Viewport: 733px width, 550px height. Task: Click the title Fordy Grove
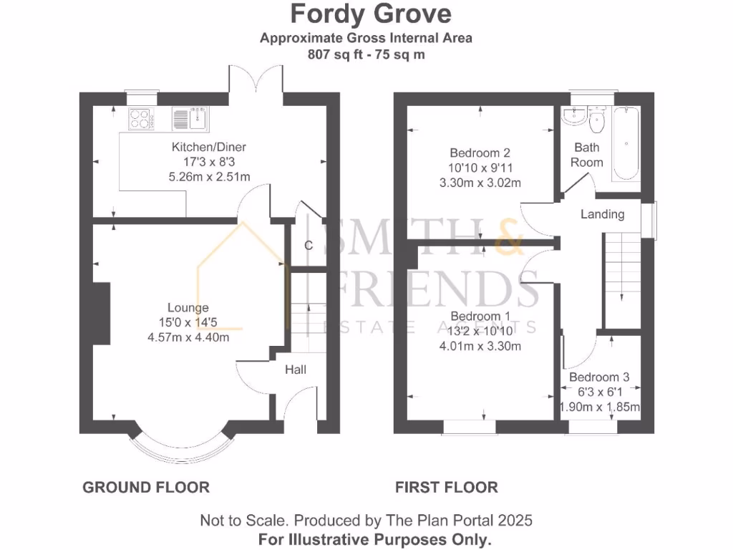pos(370,14)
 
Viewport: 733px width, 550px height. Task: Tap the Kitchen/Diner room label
pos(208,148)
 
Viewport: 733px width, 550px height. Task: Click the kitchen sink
pos(190,118)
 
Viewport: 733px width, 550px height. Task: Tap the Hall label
pos(296,370)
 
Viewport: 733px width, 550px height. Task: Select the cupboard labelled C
pos(309,246)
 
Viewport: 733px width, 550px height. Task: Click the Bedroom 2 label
pos(480,153)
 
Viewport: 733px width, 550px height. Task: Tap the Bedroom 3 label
pos(599,377)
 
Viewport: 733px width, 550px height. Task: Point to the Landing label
pos(602,214)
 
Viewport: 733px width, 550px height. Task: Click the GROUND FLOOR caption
pos(146,488)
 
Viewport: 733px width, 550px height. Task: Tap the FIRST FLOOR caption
pos(446,488)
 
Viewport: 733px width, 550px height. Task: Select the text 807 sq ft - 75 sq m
pos(366,54)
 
